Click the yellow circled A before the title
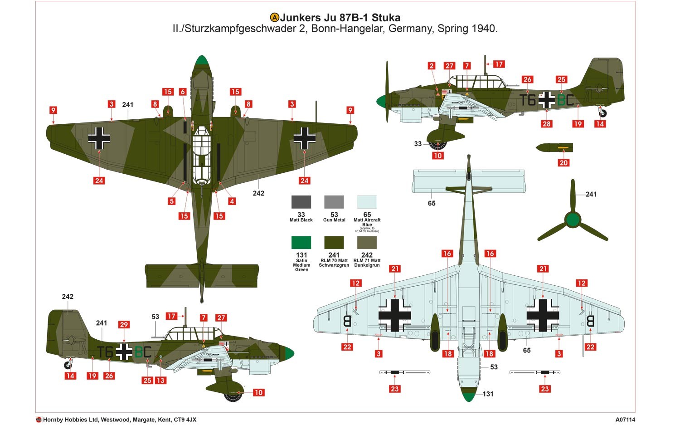coord(274,18)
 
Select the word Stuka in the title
coord(386,18)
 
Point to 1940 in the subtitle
coord(483,29)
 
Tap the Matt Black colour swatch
coord(301,202)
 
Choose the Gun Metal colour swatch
coord(334,202)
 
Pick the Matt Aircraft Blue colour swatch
coord(367,202)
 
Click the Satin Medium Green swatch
coord(301,242)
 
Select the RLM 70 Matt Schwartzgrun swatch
coord(334,242)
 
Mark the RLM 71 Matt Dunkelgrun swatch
coord(367,242)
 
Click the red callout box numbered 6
coord(183,92)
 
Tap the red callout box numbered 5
coord(171,201)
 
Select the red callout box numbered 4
coord(232,201)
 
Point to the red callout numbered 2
coord(431,66)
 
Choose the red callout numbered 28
coord(546,124)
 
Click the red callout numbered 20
coord(563,163)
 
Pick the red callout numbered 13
coord(160,381)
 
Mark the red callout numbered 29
coord(124,325)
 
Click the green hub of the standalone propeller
coord(573,220)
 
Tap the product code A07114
coord(625,420)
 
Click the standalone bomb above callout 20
coord(554,148)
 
